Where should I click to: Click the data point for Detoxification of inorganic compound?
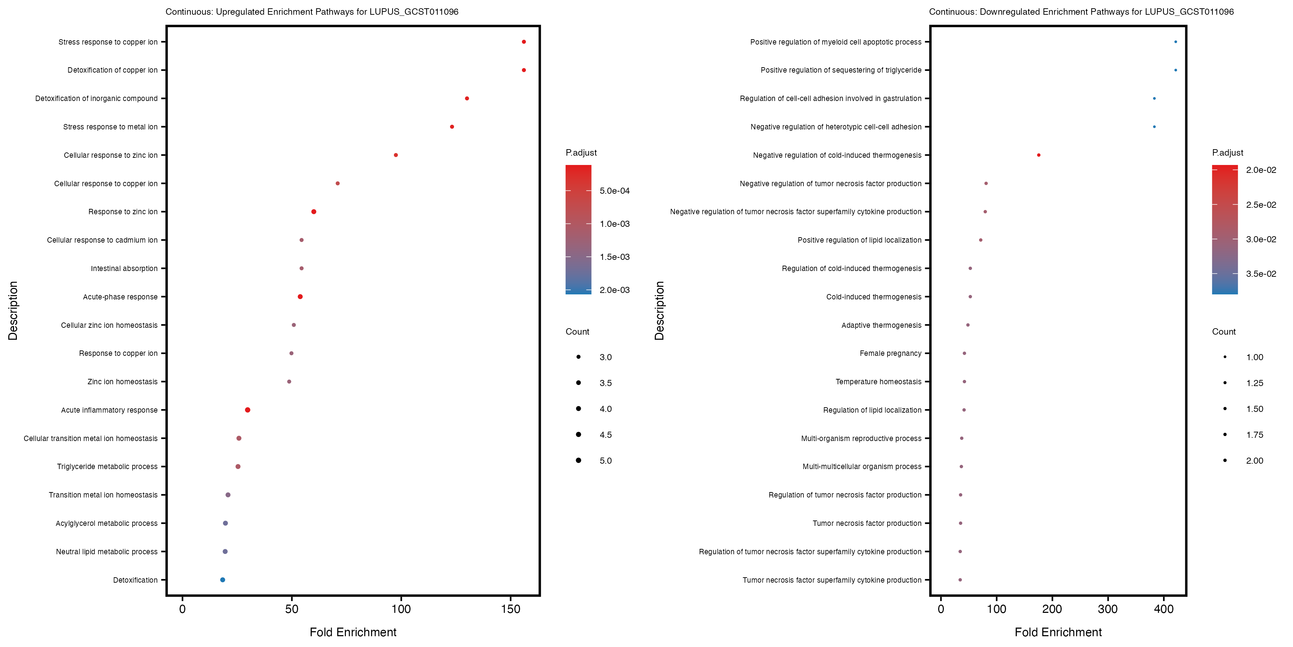tap(467, 98)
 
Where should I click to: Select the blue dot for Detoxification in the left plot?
tap(222, 580)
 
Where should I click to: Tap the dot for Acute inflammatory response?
tap(247, 410)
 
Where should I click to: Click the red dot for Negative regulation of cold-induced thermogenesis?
tap(1038, 155)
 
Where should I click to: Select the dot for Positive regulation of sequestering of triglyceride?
tap(1176, 70)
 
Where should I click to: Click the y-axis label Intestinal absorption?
tap(124, 268)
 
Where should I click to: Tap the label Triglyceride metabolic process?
tap(107, 467)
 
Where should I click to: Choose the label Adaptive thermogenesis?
tap(881, 325)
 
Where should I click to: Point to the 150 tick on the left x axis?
tap(510, 609)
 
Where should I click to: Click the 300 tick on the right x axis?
tap(1108, 609)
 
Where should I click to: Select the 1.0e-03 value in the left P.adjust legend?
tap(615, 224)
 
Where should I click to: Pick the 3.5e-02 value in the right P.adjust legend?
tap(1261, 274)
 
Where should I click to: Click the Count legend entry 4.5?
tap(605, 435)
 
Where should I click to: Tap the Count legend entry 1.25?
tap(1254, 383)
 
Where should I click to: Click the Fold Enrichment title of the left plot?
tap(353, 632)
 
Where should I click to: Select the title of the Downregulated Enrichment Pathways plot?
tap(1081, 12)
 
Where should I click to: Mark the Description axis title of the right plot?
tap(659, 311)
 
